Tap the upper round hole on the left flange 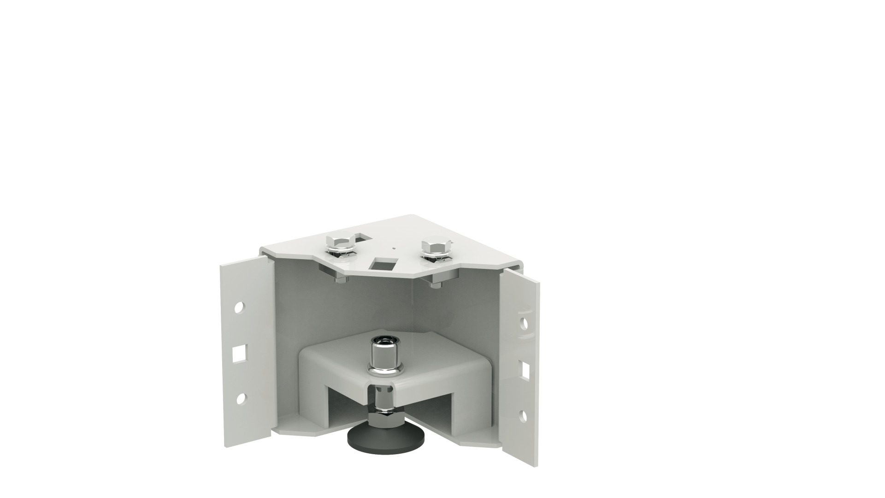(239, 308)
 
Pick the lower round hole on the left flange (240, 398)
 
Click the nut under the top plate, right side (435, 282)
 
